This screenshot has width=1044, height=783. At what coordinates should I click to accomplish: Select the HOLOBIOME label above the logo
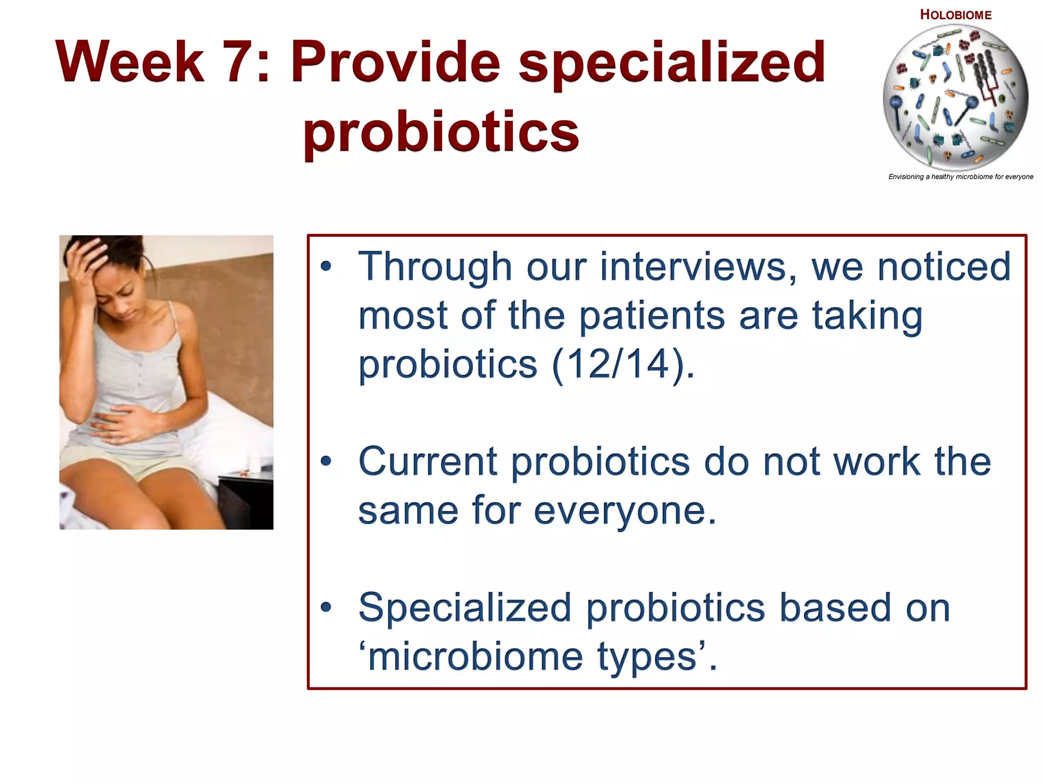coord(955,15)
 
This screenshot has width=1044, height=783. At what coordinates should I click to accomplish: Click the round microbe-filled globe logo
coord(955,97)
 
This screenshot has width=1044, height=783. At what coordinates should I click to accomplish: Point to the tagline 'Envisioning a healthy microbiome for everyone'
coord(960,177)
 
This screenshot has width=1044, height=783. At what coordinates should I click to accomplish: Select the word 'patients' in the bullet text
coord(652,316)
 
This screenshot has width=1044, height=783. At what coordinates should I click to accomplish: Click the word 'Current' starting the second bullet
coord(428,461)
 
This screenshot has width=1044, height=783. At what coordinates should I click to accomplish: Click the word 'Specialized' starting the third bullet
coord(464,608)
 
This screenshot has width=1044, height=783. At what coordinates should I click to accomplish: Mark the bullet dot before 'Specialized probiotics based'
coord(326,608)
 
